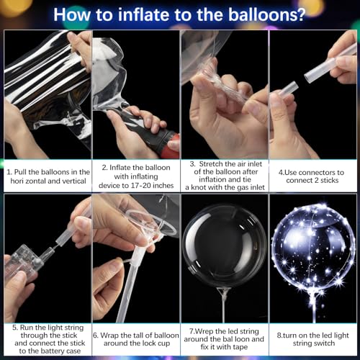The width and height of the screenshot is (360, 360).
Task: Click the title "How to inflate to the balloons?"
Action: coord(179,14)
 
